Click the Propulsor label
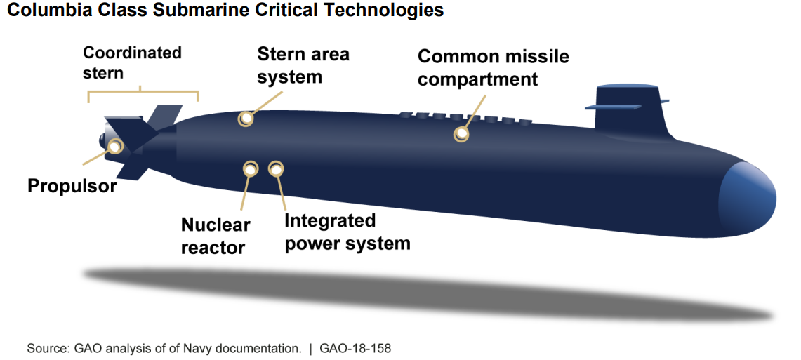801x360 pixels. click(72, 187)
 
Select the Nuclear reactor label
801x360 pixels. click(215, 236)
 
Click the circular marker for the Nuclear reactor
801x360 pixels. click(250, 168)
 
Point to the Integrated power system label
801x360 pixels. click(347, 232)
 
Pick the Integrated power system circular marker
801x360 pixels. click(277, 168)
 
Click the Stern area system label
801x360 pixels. click(303, 65)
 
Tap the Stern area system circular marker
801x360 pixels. click(245, 119)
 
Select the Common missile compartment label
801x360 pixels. click(493, 67)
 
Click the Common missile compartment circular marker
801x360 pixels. click(461, 133)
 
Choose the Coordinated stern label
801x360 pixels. click(132, 62)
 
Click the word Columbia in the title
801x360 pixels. click(41, 11)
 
